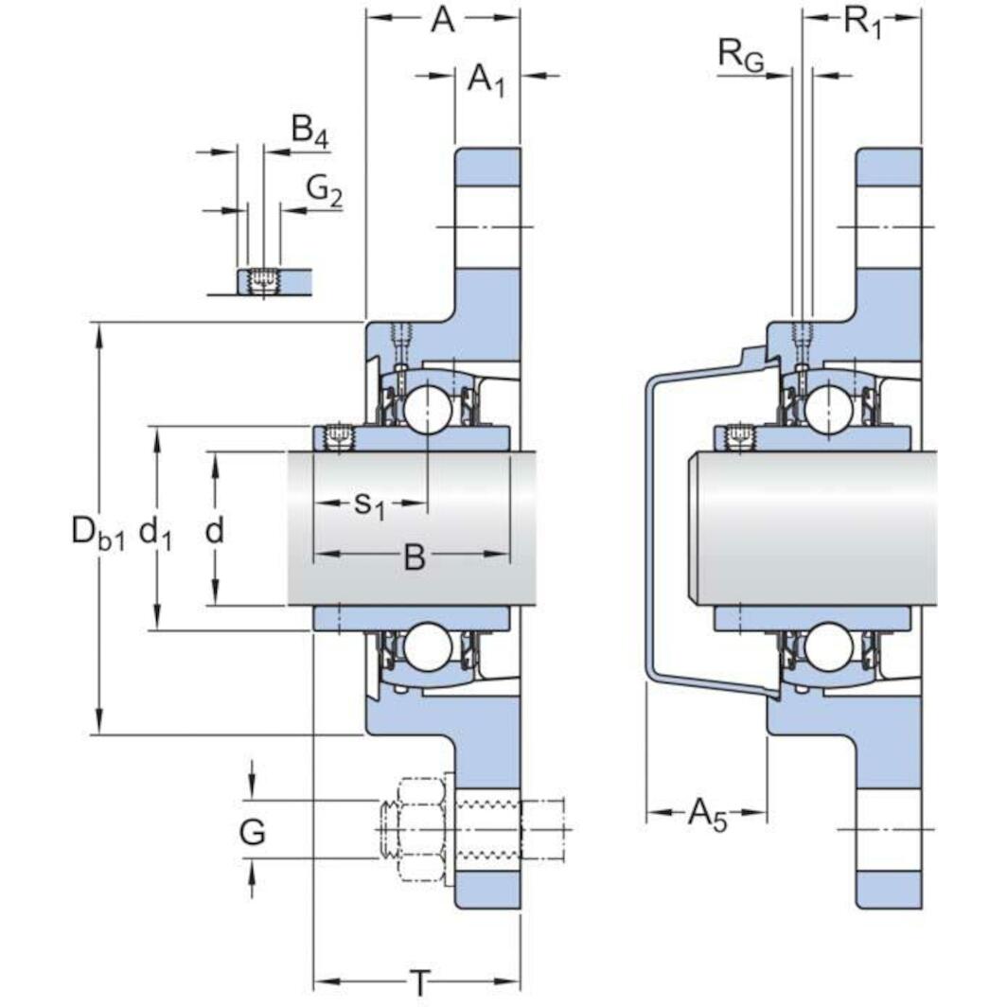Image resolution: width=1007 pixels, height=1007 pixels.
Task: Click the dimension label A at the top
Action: click(442, 20)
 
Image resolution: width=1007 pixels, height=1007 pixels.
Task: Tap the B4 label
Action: click(309, 129)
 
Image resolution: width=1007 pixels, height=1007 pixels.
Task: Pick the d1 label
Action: click(155, 533)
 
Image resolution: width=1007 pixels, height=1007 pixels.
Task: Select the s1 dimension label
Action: click(369, 505)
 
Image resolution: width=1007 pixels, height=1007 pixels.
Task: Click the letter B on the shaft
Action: click(415, 557)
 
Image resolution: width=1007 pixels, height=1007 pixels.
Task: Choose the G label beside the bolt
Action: click(252, 833)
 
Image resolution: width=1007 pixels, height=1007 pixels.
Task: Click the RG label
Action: click(740, 55)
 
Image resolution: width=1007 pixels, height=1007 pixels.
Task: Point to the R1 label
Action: click(862, 22)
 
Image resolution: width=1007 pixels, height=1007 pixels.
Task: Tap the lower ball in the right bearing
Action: click(830, 648)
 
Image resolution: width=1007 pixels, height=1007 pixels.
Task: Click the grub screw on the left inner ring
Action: click(337, 437)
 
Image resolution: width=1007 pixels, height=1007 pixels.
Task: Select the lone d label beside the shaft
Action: click(215, 531)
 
